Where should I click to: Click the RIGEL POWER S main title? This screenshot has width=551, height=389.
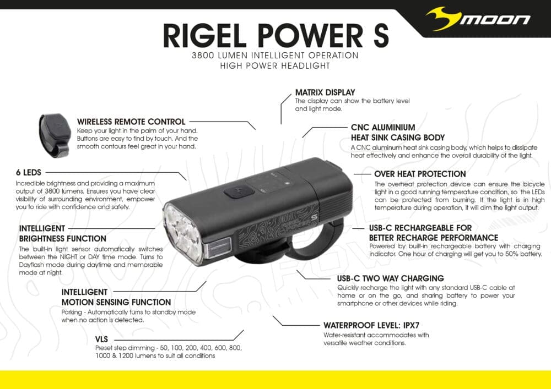(x=275, y=35)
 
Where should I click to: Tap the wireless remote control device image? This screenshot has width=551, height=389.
(x=54, y=133)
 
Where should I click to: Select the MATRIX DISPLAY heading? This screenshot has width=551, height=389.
(x=325, y=92)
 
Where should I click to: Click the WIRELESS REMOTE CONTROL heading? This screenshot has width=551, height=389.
(x=131, y=122)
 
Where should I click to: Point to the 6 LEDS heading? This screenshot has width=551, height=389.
(x=28, y=172)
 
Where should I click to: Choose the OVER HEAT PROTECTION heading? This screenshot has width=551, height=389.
(x=420, y=174)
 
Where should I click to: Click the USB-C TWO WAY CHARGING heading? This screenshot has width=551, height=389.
(x=390, y=278)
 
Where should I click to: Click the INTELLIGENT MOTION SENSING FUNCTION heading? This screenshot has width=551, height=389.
(x=116, y=297)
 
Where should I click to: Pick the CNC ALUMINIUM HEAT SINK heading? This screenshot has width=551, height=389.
(x=397, y=132)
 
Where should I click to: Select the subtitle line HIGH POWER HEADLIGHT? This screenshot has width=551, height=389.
(x=275, y=66)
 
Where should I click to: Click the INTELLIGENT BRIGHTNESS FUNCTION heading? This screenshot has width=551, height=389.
(x=62, y=233)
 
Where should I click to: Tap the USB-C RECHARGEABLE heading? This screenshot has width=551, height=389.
(x=420, y=233)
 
